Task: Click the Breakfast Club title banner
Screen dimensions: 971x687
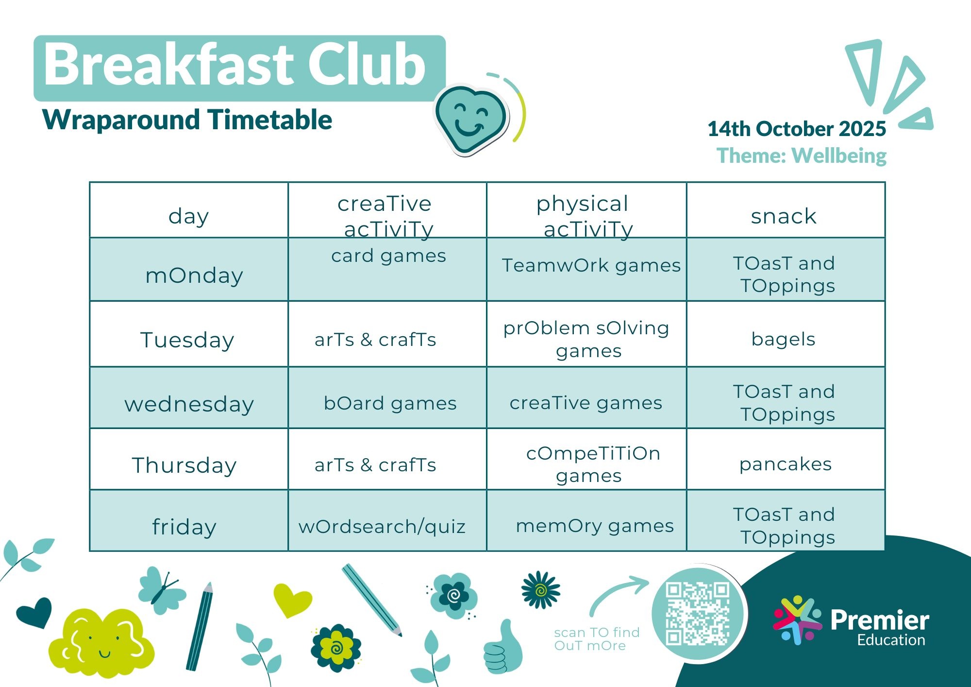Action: pos(239,68)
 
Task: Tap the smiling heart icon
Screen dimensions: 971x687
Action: pos(471,119)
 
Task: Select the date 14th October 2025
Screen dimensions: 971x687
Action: pos(797,129)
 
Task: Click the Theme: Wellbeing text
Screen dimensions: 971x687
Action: pos(802,155)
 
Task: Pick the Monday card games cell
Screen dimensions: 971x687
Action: pos(387,269)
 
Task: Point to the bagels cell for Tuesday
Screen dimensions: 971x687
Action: pos(786,334)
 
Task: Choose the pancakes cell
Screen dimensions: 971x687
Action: pos(786,459)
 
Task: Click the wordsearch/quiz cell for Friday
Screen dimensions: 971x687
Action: pos(387,520)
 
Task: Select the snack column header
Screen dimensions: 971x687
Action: pos(786,210)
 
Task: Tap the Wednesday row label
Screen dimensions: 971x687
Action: pos(189,397)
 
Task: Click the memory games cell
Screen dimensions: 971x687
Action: pos(586,520)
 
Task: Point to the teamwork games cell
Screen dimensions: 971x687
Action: pos(586,269)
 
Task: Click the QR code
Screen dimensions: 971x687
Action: pos(698,614)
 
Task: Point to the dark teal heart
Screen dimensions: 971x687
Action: pos(34,611)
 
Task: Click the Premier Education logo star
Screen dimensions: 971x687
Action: pos(797,620)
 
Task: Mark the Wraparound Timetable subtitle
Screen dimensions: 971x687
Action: pos(187,120)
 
